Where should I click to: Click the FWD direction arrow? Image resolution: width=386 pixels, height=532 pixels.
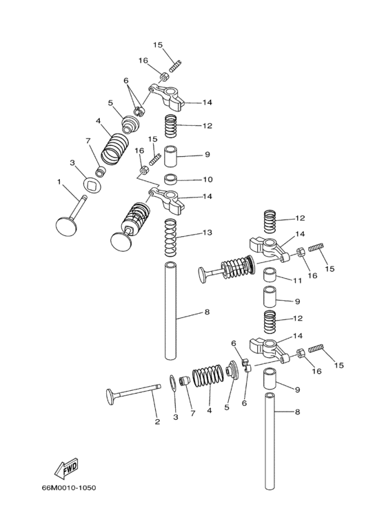coord(66,468)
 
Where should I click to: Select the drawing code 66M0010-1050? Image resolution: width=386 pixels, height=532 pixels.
coord(69,488)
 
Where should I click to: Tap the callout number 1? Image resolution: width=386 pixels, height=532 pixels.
coord(59,182)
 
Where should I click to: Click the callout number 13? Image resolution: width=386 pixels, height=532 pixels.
coord(207,233)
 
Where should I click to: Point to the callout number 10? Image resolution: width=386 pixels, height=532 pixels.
coord(207,179)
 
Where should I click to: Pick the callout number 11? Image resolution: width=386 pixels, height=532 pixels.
coord(298,281)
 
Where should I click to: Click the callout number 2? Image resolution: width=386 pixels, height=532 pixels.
coord(157,422)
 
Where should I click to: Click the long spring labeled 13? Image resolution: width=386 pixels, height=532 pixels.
coord(170,238)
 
